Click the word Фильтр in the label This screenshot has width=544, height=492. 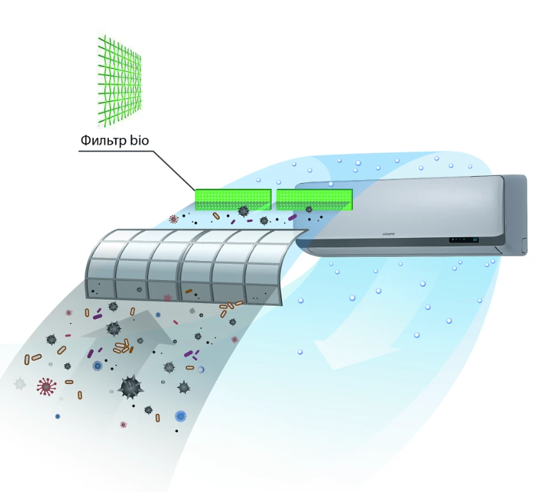(x=103, y=141)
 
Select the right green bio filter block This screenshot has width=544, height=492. (x=314, y=198)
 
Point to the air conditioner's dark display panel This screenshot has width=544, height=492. (x=462, y=239)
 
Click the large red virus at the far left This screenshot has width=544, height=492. (x=46, y=387)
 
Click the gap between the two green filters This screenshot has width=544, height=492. (x=273, y=198)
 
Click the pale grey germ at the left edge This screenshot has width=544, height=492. (x=20, y=385)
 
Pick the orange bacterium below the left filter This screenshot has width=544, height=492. (x=216, y=216)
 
